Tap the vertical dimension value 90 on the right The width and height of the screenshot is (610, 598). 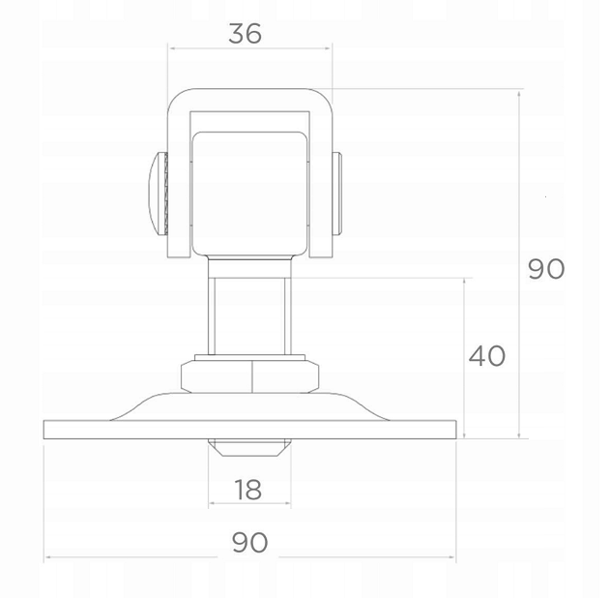click(546, 268)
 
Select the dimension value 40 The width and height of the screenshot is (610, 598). click(486, 356)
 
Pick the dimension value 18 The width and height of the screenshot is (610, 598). click(247, 490)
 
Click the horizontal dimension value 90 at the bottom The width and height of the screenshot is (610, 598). click(249, 543)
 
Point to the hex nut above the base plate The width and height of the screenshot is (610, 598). click(250, 374)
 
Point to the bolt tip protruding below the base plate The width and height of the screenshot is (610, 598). click(248, 449)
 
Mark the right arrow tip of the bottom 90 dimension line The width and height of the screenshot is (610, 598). click(454, 558)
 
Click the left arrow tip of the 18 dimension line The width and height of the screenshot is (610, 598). click(209, 504)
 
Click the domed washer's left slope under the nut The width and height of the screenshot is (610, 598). click(145, 406)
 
